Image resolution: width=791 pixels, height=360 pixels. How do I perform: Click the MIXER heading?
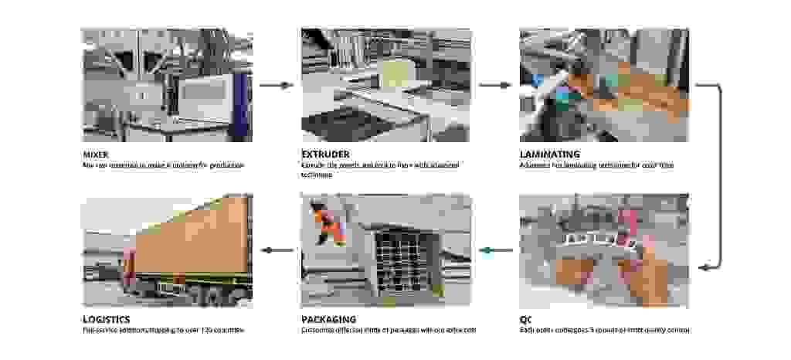pyautogui.click(x=97, y=154)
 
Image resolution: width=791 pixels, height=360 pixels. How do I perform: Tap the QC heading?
pyautogui.click(x=527, y=318)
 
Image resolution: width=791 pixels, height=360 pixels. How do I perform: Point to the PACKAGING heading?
pyautogui.click(x=328, y=318)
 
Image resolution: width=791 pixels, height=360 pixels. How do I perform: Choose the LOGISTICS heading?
pyautogui.click(x=107, y=318)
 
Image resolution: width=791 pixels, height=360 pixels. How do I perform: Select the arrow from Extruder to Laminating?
pyautogui.click(x=495, y=85)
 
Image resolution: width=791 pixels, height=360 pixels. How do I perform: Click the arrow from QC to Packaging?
pyautogui.click(x=495, y=250)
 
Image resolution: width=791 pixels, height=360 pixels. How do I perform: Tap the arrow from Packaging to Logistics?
pyautogui.click(x=277, y=250)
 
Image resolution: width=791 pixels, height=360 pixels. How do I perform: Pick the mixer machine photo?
pyautogui.click(x=167, y=85)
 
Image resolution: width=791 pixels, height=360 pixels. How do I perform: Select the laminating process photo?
pyautogui.click(x=604, y=85)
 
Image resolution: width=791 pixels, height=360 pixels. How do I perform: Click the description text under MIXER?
pyautogui.click(x=163, y=165)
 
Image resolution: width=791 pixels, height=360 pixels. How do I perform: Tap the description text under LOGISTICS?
pyautogui.click(x=163, y=330)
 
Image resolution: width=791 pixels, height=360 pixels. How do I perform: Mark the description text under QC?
pyautogui.click(x=604, y=330)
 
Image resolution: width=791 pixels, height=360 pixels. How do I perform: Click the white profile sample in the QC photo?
pyautogui.click(x=595, y=241)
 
